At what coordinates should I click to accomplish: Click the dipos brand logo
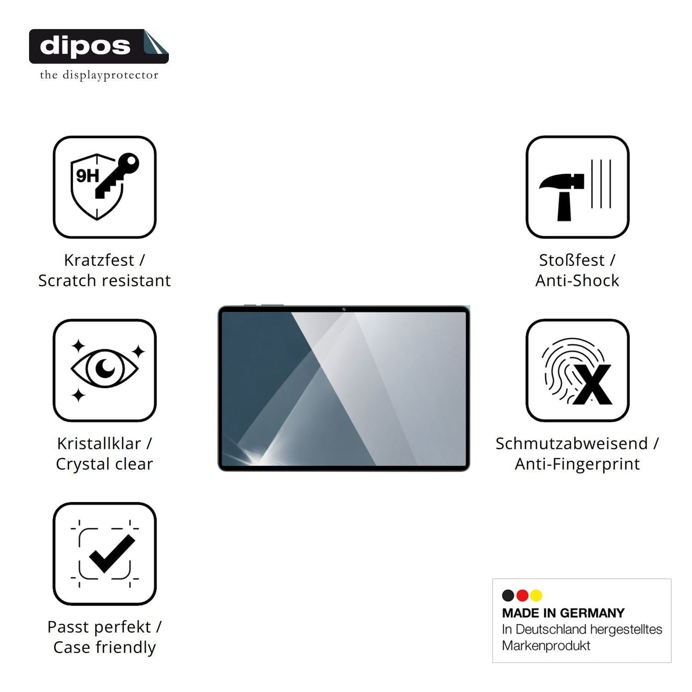tap(99, 46)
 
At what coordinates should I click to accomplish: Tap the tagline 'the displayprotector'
tap(99, 75)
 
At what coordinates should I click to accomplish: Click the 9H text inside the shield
tap(87, 176)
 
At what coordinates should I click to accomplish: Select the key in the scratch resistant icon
tap(117, 176)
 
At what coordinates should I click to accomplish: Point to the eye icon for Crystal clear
tap(105, 367)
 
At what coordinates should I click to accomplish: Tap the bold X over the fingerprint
tap(592, 384)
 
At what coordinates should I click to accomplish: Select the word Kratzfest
tap(99, 260)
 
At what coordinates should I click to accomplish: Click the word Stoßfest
tap(572, 260)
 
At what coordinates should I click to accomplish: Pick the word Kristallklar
tap(99, 443)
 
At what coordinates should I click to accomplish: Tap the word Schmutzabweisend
tap(572, 443)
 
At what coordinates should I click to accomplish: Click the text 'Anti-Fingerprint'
tap(577, 464)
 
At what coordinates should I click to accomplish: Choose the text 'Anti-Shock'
tap(577, 280)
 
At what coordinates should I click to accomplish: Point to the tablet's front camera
tap(344, 309)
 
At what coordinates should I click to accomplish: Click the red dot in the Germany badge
tap(522, 596)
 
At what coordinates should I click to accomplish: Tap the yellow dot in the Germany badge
tap(536, 596)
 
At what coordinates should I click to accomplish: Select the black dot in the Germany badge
tap(508, 596)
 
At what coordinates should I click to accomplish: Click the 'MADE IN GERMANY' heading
tap(563, 613)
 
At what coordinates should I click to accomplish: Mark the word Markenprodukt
tap(546, 646)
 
